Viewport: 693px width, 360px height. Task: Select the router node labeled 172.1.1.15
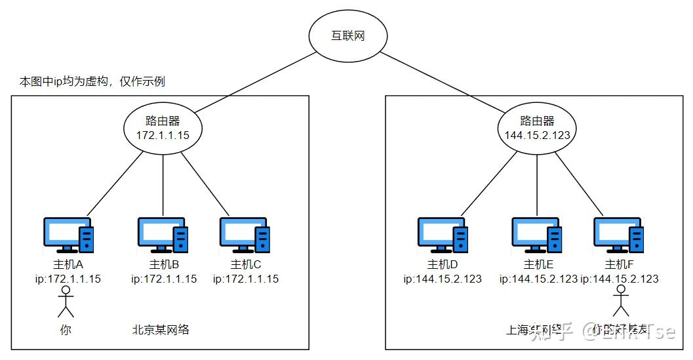pyautogui.click(x=162, y=129)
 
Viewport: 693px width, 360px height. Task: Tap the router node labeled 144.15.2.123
pyautogui.click(x=537, y=129)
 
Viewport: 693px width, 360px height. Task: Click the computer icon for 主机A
pyautogui.click(x=68, y=235)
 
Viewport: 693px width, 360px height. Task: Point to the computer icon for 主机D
pyautogui.click(x=443, y=235)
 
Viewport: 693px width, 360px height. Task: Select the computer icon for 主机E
pyautogui.click(x=538, y=235)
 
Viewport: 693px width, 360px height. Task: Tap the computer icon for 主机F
pyautogui.click(x=618, y=235)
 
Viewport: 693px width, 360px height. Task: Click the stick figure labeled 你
pyautogui.click(x=64, y=304)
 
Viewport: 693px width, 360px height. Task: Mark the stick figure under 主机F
pyautogui.click(x=620, y=302)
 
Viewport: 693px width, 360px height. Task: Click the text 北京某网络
pyautogui.click(x=161, y=329)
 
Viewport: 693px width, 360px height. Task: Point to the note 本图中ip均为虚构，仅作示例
pyautogui.click(x=92, y=82)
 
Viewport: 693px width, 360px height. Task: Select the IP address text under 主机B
pyautogui.click(x=164, y=279)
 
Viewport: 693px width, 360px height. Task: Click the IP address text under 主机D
pyautogui.click(x=443, y=279)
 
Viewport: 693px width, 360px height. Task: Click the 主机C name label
pyautogui.click(x=246, y=265)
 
